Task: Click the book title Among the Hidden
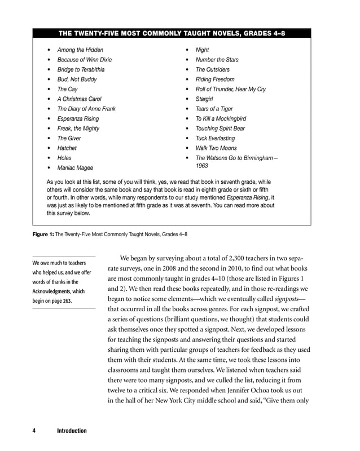[80, 50]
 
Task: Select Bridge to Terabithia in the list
[81, 70]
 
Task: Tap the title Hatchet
[67, 148]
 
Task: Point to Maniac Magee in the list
[75, 168]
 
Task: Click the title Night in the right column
[202, 50]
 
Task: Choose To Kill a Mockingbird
[221, 119]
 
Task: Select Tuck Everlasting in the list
[215, 139]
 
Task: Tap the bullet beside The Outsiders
[187, 70]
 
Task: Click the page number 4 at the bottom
[34, 431]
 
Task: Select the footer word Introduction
[72, 431]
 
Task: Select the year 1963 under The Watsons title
[202, 166]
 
